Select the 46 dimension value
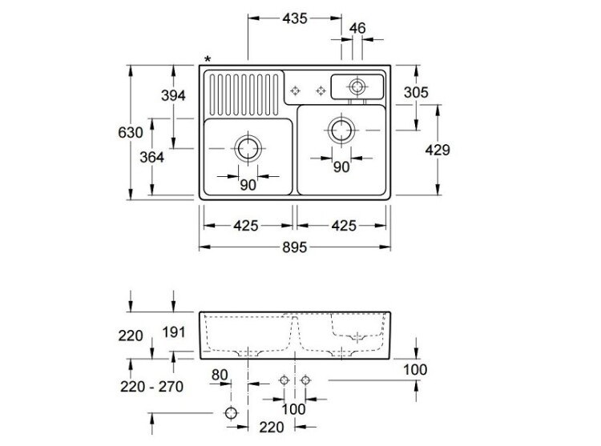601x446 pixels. (x=357, y=29)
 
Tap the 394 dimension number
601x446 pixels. (x=173, y=95)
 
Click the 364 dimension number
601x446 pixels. (x=151, y=157)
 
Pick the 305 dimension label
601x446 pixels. (x=416, y=92)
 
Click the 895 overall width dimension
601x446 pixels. (x=295, y=248)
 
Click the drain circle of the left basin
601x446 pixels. (x=247, y=148)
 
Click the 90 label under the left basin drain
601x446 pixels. (x=247, y=184)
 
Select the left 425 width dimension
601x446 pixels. (x=246, y=225)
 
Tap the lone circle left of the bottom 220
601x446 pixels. (x=232, y=413)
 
